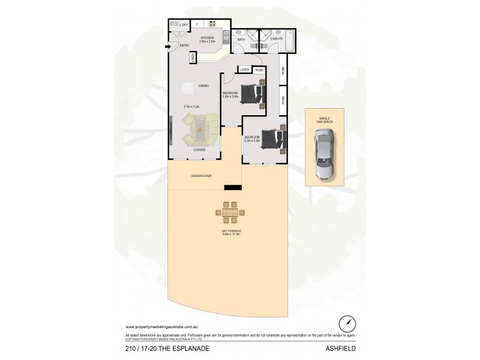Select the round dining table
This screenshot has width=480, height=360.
point(187,89)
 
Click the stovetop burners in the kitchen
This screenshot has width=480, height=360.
point(212,24)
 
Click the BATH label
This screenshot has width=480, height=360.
point(241,40)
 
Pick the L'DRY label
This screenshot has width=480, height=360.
point(184,24)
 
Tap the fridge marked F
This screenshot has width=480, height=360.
point(197,24)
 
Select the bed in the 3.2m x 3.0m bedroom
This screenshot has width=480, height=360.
point(253,95)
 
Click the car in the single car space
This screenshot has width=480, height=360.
point(323,156)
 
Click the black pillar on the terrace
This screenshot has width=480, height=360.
point(233,188)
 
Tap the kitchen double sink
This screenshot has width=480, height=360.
point(224,37)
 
